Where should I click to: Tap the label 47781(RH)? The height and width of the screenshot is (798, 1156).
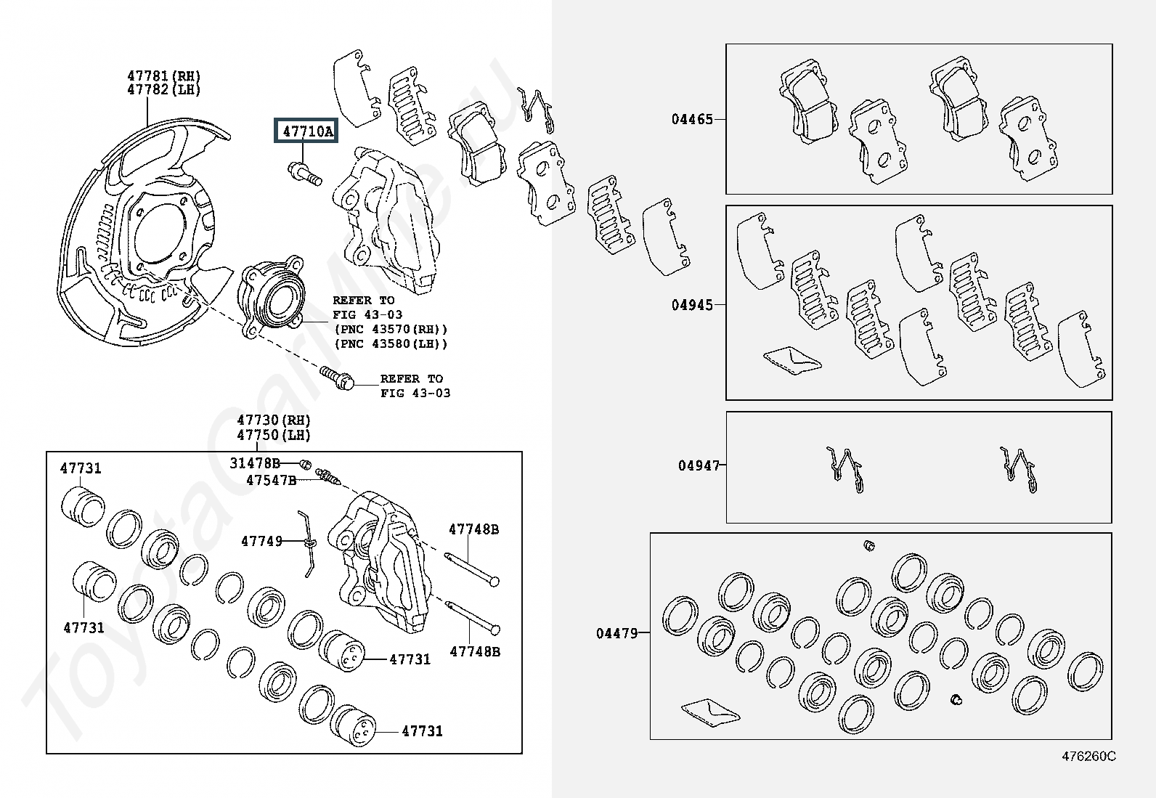coord(164,76)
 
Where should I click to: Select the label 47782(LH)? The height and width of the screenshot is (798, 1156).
coord(164,90)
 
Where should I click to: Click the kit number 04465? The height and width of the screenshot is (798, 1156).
coord(692,119)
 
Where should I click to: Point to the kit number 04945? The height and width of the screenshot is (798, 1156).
coord(692,305)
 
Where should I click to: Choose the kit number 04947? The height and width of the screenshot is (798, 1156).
coord(699,465)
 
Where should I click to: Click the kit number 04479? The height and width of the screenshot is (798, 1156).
coord(617,633)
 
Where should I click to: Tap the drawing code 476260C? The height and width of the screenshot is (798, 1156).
coord(1088,756)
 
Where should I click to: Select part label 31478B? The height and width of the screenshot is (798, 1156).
coord(255,463)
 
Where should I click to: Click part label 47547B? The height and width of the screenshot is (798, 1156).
coord(271,480)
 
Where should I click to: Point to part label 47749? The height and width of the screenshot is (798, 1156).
coord(261,541)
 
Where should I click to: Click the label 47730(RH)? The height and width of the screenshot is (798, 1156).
coord(274,420)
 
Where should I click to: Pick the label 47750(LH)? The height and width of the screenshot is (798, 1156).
coord(274,436)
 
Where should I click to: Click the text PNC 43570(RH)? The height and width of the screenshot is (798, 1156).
coord(391,330)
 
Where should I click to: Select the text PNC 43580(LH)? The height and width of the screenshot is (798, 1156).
coord(391,344)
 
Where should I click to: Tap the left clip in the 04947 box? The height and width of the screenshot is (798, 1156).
coord(847,471)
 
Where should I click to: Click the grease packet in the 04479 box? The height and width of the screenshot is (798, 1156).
coord(710,711)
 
